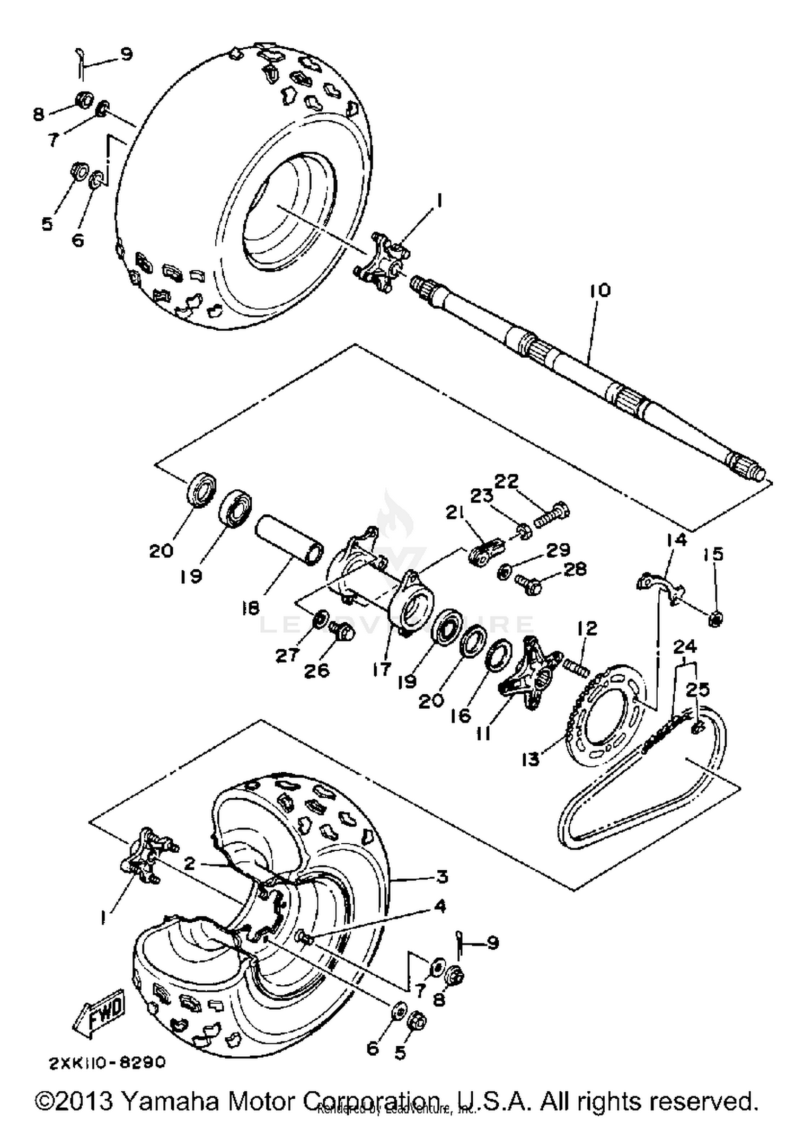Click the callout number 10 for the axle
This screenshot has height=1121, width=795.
(x=599, y=290)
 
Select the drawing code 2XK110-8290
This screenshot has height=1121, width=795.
(x=108, y=1062)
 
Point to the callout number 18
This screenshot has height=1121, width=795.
(x=251, y=609)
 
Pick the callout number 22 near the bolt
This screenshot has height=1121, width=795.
(x=507, y=481)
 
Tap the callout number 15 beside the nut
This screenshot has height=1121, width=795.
(x=713, y=555)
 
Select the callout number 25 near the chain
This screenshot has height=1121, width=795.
(x=697, y=690)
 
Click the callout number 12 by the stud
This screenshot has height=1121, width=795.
(x=587, y=628)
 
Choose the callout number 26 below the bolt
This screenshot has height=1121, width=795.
(x=316, y=671)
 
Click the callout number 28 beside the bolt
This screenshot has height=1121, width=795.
(x=576, y=569)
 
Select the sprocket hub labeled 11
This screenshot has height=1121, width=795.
(x=531, y=674)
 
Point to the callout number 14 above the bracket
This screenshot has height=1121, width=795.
(x=676, y=540)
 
